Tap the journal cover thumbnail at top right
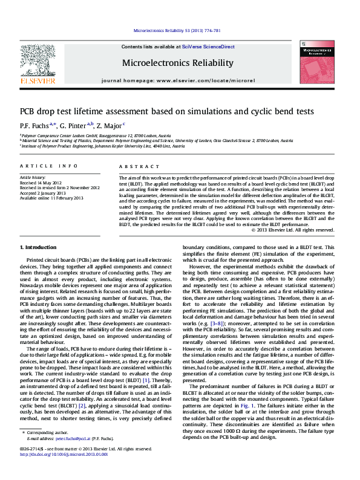tap(317, 62)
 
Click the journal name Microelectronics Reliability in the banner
tap(177, 63)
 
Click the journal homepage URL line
tap(178, 80)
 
